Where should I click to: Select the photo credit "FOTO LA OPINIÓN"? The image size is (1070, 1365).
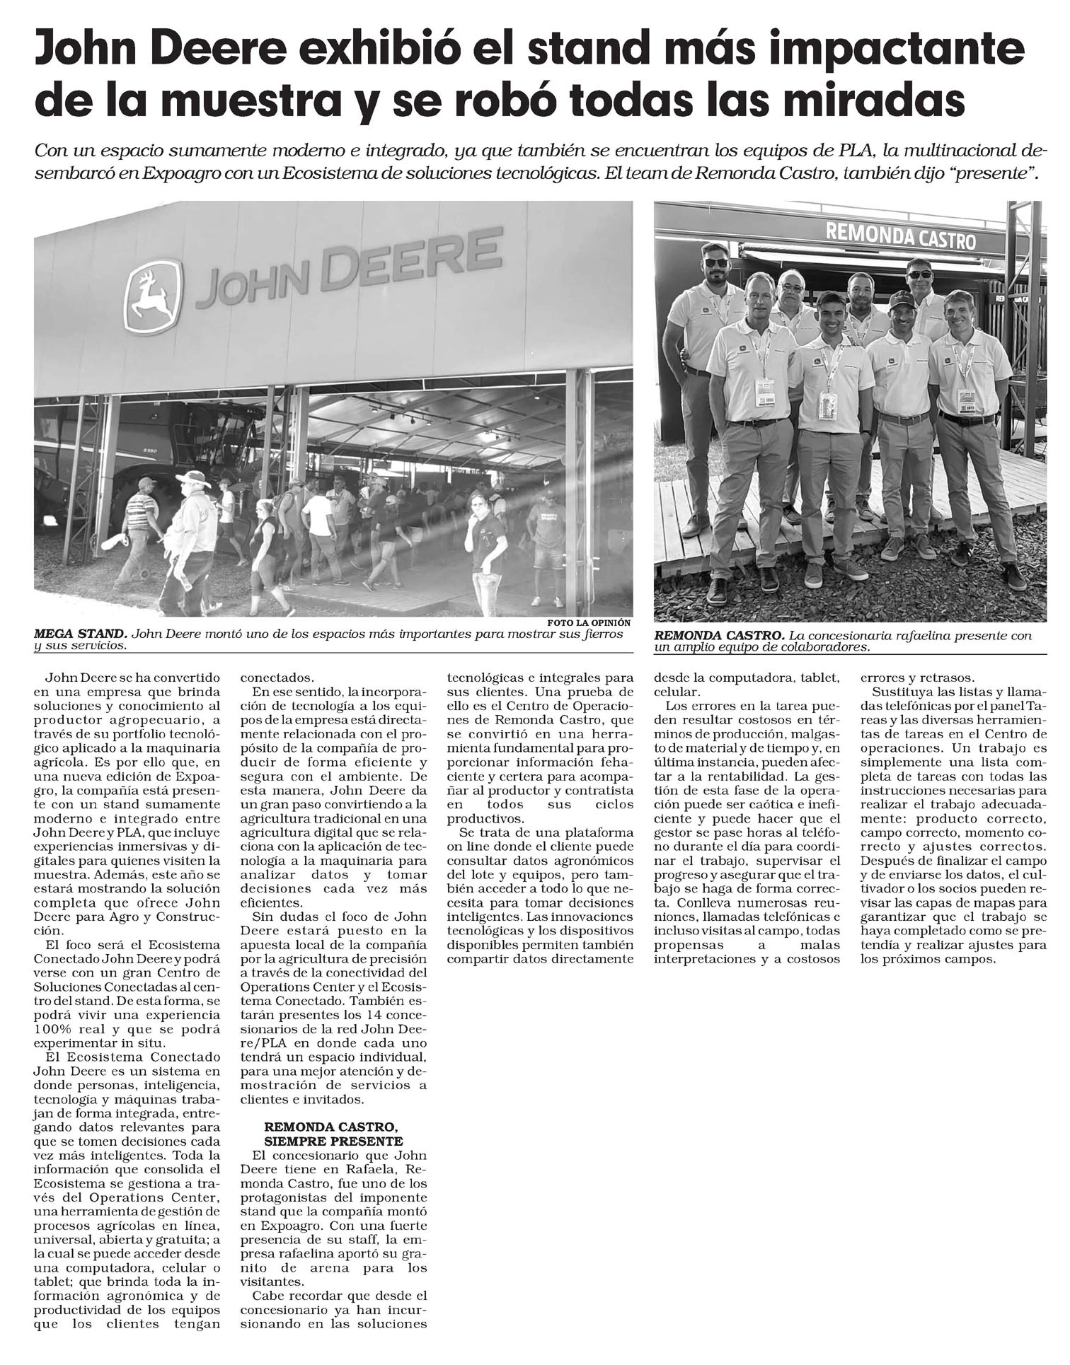[589, 623]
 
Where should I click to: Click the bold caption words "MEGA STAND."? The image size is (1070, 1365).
[80, 634]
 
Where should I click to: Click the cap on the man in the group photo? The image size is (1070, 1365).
[901, 300]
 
